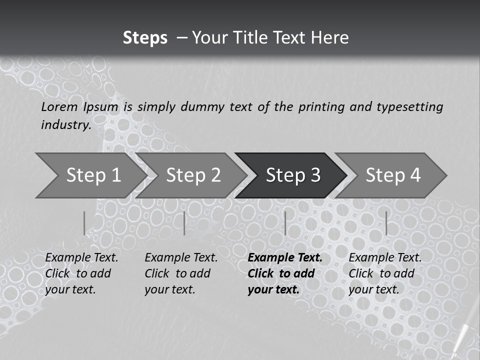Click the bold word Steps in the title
(x=145, y=38)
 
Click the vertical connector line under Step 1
(x=84, y=223)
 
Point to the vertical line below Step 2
(x=184, y=223)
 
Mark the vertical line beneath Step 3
(x=285, y=223)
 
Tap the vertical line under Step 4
(x=386, y=223)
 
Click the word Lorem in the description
(x=59, y=106)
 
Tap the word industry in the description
(x=65, y=124)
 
